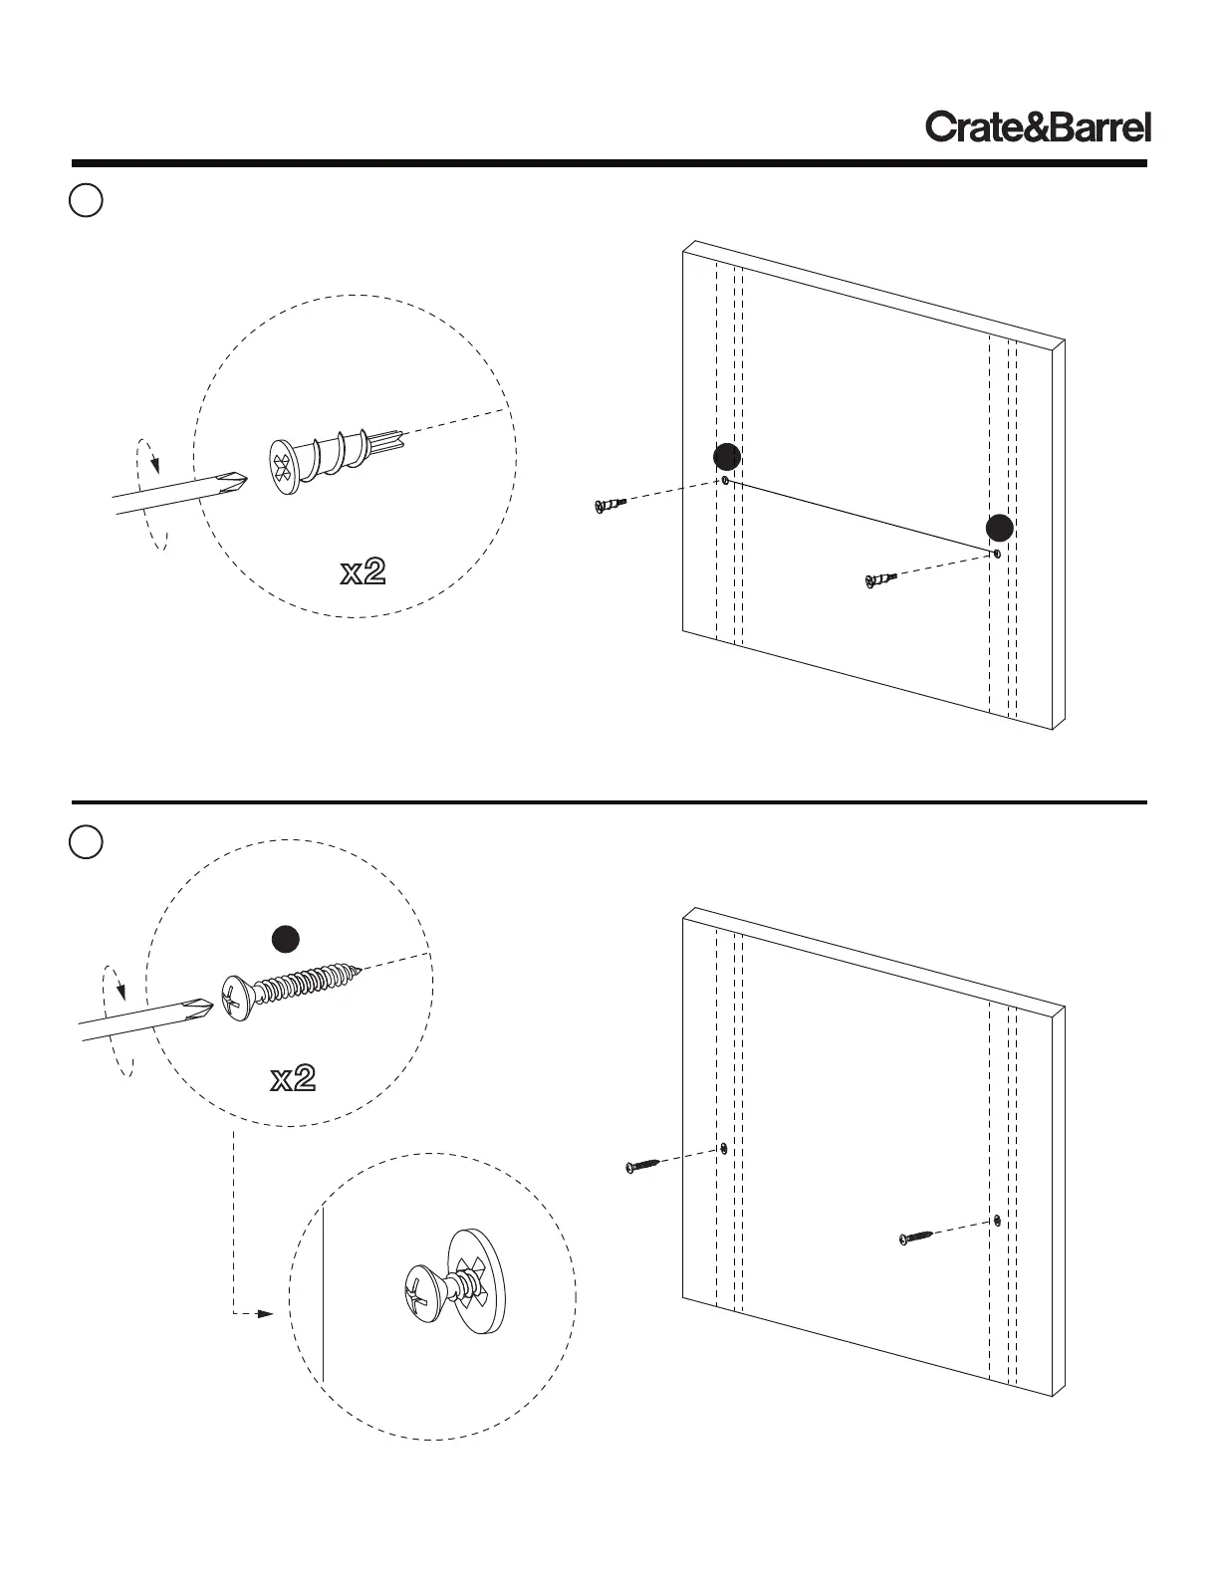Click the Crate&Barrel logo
click(1038, 127)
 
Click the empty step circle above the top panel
click(87, 200)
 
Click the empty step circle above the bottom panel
click(87, 842)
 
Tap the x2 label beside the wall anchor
click(363, 571)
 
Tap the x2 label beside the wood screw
click(293, 1078)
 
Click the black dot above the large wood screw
click(287, 939)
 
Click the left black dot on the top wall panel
click(727, 457)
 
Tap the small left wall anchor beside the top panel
click(609, 505)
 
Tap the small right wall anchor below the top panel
click(881, 578)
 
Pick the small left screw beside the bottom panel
click(642, 1164)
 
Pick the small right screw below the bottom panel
click(916, 1237)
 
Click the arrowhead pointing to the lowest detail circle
click(264, 1313)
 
